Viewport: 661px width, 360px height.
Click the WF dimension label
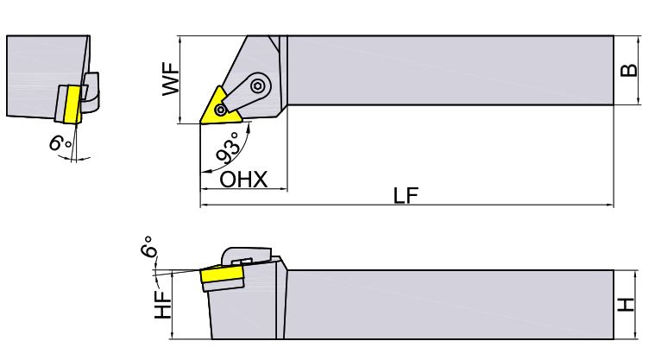coord(171,79)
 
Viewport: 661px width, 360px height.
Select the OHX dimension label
coord(243,180)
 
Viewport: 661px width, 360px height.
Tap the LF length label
coord(406,195)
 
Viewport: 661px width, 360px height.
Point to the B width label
coord(628,70)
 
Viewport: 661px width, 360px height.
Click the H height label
coord(626,305)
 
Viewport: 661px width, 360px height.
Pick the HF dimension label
coord(163,305)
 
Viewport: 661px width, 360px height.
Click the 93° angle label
coord(229,148)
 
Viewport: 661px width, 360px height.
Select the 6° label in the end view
coord(60,142)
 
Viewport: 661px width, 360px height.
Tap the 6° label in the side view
coord(148,247)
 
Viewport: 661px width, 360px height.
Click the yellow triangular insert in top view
coord(220,109)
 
